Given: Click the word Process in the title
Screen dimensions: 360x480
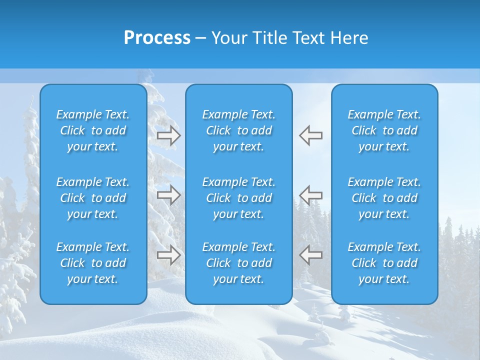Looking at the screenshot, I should (157, 38).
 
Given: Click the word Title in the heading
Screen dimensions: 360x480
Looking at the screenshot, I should (267, 38).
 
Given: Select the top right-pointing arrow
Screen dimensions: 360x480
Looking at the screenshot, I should (168, 135).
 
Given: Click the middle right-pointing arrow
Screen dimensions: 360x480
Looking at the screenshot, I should (168, 194).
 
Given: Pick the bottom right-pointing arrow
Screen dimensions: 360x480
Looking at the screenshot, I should (168, 255).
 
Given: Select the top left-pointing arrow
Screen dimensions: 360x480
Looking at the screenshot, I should (311, 135).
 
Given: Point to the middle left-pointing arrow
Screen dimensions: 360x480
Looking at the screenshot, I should (311, 194).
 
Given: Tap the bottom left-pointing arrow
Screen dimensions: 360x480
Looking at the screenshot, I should (311, 255).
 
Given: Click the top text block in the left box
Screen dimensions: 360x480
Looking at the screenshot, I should (93, 130).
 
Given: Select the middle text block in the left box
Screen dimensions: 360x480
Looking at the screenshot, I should (93, 198).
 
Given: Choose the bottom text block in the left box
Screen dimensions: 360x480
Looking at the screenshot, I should (93, 263).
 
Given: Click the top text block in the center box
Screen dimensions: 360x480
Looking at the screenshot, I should (238, 130).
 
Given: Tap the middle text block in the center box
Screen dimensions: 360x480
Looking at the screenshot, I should (238, 198).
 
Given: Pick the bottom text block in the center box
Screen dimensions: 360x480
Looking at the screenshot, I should (238, 263).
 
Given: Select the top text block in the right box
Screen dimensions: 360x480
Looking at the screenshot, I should (384, 130).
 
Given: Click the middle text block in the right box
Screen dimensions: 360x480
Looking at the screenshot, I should (384, 198).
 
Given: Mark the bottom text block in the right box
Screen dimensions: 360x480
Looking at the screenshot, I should (384, 263).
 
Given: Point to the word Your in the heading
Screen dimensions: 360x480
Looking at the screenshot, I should (227, 38).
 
